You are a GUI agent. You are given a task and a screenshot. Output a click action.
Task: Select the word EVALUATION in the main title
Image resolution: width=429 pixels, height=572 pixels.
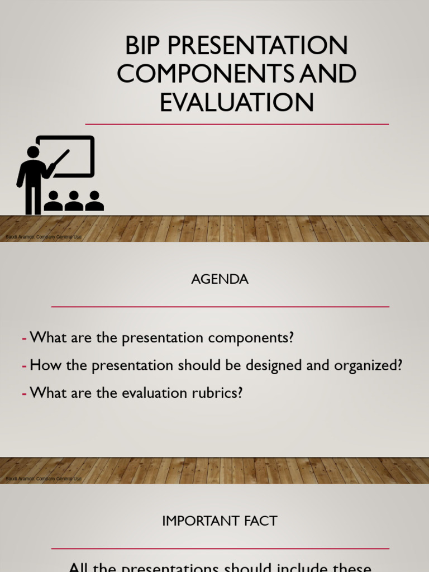point(237,103)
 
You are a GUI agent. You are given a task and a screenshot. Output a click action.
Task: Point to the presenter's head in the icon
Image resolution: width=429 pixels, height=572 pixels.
point(33,152)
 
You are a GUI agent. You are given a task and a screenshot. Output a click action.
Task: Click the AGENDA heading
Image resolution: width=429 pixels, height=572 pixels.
point(220,279)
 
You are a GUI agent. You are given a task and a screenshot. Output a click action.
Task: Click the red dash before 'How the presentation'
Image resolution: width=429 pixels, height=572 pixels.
point(25,366)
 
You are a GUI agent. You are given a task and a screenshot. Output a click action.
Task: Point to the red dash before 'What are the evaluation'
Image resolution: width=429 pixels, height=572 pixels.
point(25,393)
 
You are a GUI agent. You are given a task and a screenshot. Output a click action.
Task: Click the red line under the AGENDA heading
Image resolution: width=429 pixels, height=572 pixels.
point(220,307)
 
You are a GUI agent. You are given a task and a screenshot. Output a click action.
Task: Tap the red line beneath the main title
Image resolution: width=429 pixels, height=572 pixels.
point(237,124)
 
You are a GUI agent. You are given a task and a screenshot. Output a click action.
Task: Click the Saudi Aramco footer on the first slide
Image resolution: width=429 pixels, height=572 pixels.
point(44,237)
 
